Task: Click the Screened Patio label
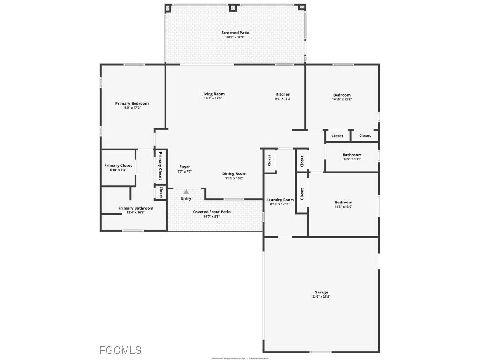click(235, 33)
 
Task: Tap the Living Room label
click(213, 94)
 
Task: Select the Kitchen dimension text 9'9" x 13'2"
click(283, 99)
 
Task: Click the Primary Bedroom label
click(132, 104)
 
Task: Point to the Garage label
click(321, 292)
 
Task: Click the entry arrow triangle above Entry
click(186, 192)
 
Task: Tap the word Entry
click(186, 199)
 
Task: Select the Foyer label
click(185, 167)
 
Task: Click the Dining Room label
click(234, 174)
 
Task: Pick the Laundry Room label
click(280, 200)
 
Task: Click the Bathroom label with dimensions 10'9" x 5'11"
click(352, 155)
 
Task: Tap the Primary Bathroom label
click(135, 208)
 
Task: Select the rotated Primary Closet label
click(160, 166)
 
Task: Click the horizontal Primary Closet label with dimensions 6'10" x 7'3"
click(118, 165)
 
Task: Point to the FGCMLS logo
click(120, 350)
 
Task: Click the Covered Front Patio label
click(212, 212)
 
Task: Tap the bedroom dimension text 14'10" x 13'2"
click(341, 99)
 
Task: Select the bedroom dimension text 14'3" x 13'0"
click(343, 207)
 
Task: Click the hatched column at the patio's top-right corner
click(302, 7)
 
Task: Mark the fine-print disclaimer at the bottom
click(240, 358)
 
